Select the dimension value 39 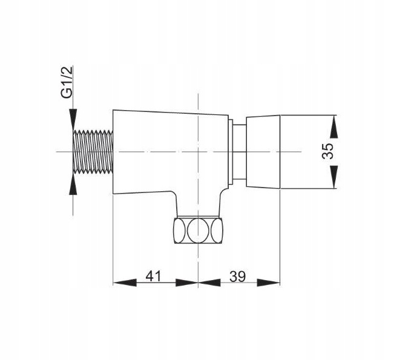tap(237, 276)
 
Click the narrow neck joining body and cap tap(240, 151)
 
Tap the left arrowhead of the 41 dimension tap(120, 283)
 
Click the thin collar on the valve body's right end tap(232, 151)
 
